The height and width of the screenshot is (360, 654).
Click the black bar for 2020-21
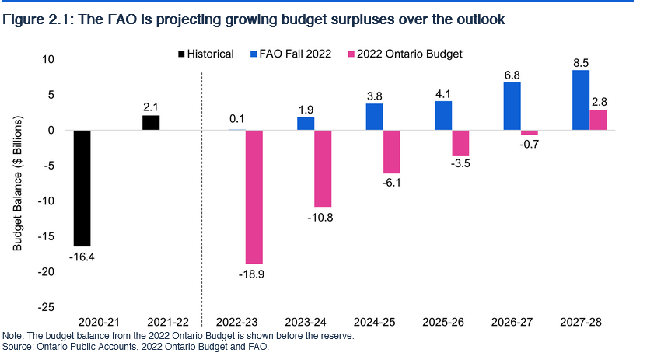click(x=82, y=187)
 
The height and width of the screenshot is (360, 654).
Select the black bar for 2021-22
click(x=150, y=122)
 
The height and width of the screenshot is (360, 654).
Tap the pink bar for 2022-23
click(x=254, y=197)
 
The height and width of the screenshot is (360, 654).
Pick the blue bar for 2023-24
click(x=306, y=123)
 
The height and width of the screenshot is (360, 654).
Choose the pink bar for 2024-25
click(x=391, y=152)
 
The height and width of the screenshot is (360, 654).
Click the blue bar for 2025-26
click(x=442, y=115)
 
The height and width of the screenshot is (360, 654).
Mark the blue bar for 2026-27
click(x=512, y=106)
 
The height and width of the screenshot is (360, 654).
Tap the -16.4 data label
click(x=82, y=257)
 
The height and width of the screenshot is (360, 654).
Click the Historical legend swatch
click(x=182, y=54)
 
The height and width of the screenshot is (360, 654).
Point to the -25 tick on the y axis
click(x=46, y=307)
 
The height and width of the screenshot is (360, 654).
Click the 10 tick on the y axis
click(x=48, y=59)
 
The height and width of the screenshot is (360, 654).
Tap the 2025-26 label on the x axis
click(x=442, y=321)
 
